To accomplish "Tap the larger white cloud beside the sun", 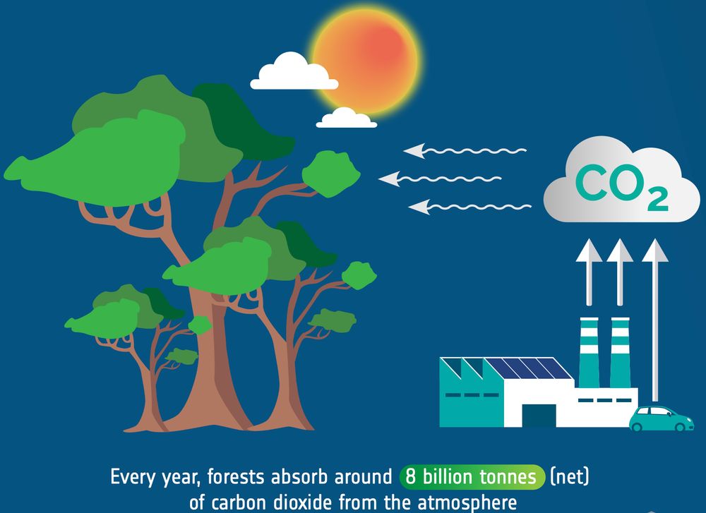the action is (294, 72).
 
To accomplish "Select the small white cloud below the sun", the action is (346, 118).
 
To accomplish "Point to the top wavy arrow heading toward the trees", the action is (465, 151).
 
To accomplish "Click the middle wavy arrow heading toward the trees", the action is (440, 179).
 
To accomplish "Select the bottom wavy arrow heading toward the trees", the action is (469, 207).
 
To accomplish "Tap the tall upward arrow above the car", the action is (655, 320).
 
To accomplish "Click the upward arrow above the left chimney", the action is (589, 272).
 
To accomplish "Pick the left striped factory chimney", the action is (589, 352).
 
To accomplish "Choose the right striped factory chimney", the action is (620, 352).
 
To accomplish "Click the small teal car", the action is (662, 418).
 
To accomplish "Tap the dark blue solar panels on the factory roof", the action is (528, 368).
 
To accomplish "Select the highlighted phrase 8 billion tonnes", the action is (472, 477).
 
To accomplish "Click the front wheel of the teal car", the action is (687, 426).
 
